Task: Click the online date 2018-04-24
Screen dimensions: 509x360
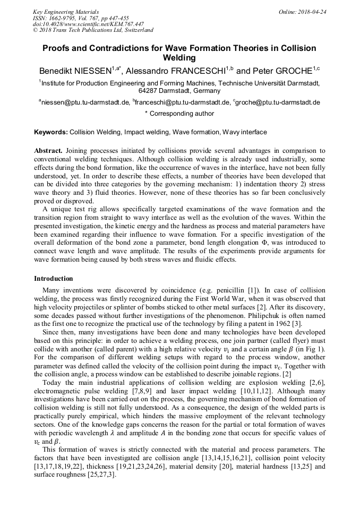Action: click(312, 12)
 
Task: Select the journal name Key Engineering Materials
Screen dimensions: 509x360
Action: click(66, 12)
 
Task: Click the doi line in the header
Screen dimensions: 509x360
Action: click(88, 24)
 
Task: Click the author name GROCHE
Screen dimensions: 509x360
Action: click(293, 71)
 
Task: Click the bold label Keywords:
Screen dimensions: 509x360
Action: click(51, 132)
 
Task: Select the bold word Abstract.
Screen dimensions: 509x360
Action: click(48, 151)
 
